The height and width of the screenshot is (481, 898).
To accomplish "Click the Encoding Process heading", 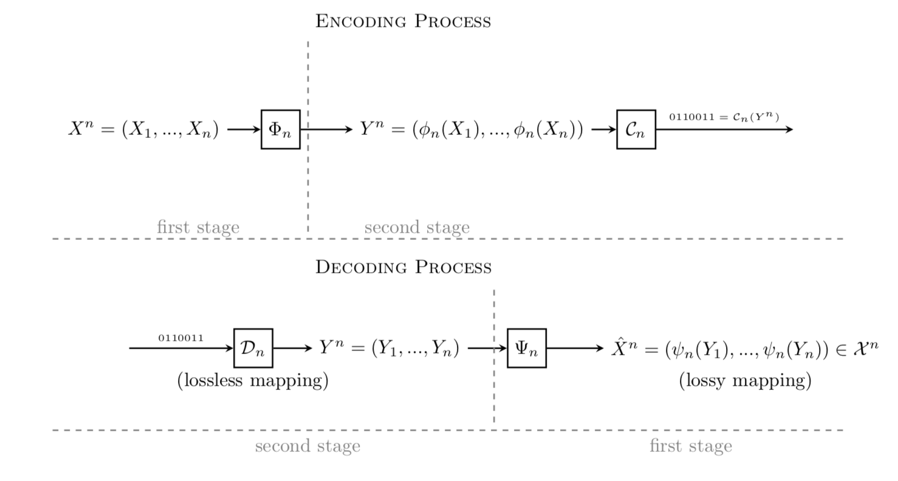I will [403, 21].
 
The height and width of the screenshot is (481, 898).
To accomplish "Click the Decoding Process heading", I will [403, 267].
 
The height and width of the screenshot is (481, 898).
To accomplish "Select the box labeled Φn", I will [280, 129].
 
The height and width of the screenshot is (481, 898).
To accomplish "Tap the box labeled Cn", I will [636, 129].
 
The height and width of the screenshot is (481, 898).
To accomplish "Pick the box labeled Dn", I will [253, 348].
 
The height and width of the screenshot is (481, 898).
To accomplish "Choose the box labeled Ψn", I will [526, 348].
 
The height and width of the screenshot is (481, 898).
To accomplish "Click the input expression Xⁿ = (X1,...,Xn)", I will [143, 130].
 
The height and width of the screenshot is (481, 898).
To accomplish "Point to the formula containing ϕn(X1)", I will [471, 130].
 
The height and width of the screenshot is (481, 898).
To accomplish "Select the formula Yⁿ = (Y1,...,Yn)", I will [389, 349].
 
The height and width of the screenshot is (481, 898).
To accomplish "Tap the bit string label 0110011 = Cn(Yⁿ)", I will [724, 117].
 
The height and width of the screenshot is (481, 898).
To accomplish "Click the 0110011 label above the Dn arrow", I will [181, 338].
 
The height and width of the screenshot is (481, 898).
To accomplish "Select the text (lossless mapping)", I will [253, 381].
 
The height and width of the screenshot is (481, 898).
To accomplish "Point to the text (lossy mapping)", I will [745, 381].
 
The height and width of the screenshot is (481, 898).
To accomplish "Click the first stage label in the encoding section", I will [198, 228].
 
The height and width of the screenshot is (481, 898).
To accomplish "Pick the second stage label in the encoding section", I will [417, 228].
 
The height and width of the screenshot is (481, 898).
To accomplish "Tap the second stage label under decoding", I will [307, 446].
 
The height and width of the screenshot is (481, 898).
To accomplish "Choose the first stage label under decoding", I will [690, 446].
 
